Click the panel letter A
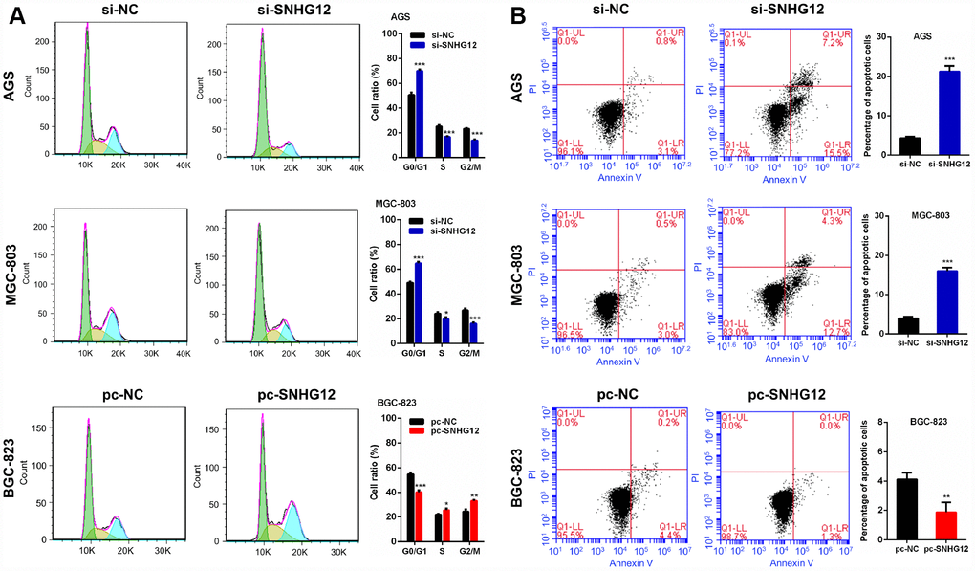(x=15, y=16)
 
